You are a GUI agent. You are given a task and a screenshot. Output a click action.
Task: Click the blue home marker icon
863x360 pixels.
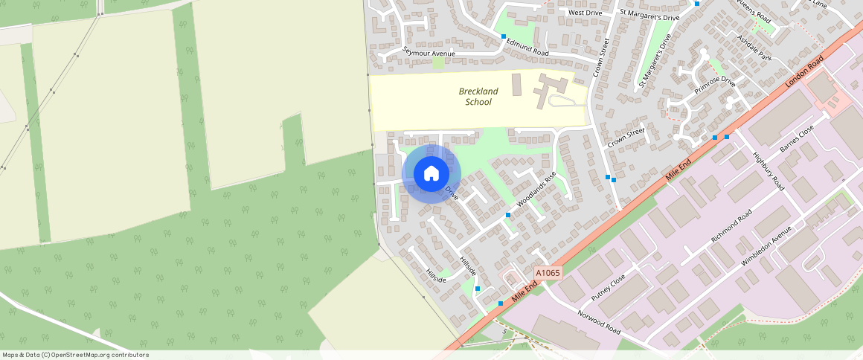coord(431,174)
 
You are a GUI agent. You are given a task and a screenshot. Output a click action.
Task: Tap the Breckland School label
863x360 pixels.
coord(478,97)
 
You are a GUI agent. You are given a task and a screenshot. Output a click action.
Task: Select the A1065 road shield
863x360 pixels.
coord(547,273)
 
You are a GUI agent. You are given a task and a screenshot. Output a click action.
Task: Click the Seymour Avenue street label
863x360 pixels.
coord(429,52)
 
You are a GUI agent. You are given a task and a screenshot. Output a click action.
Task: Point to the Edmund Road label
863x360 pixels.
coord(527,48)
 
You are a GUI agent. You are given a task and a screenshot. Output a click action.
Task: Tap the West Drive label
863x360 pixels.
coord(585,13)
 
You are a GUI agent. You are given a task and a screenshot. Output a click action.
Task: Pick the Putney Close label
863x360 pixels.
coord(609,287)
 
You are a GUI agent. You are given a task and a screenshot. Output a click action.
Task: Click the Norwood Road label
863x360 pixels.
coord(599,321)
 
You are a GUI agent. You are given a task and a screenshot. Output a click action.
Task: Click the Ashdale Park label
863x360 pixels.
coord(754,48)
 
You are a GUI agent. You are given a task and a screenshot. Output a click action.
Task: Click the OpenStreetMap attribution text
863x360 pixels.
coord(75,355)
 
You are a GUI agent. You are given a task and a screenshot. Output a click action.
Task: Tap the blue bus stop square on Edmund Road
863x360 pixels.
coord(504,36)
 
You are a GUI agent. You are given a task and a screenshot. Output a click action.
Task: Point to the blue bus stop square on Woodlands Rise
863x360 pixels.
coord(507,215)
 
